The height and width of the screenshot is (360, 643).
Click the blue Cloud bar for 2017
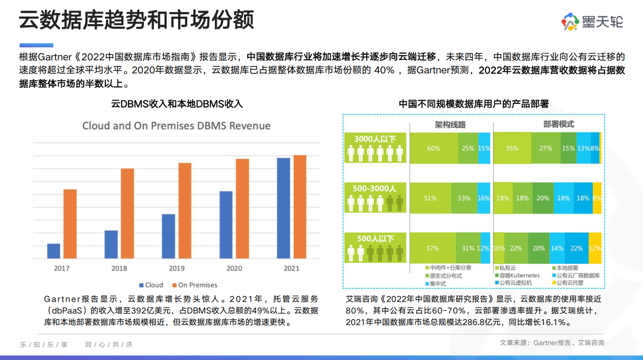pos(54,251)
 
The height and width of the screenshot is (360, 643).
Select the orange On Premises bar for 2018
pos(127,213)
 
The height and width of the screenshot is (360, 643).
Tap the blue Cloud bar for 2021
pos(284,208)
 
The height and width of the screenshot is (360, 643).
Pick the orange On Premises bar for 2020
pos(243,209)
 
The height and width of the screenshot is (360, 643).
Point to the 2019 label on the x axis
pos(177,268)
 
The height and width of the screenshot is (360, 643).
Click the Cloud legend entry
pos(151,285)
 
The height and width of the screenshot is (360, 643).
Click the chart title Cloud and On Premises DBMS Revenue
pos(177,126)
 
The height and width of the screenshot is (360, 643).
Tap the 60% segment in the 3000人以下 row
pos(434,149)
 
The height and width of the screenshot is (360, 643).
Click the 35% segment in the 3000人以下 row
pos(512,149)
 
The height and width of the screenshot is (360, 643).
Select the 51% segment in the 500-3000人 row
pos(430,198)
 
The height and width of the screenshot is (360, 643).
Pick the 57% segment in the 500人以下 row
pos(433,248)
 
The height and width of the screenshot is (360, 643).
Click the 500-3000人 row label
pos(374,189)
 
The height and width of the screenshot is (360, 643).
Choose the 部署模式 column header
pos(558,124)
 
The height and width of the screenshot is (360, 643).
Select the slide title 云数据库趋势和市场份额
pos(136,20)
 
